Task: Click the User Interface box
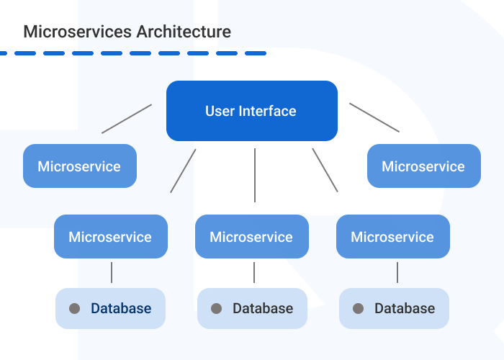point(251,111)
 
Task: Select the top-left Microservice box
point(79,166)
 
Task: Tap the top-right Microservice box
point(423,166)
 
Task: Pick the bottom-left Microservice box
point(110,237)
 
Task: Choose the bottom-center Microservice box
point(251,237)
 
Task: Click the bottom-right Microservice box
point(392,237)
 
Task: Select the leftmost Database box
point(110,309)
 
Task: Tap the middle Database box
point(252,309)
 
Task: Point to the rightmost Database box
point(394,309)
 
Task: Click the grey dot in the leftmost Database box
point(74,309)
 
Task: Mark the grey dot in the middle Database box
point(216,309)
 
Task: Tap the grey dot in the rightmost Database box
point(358,309)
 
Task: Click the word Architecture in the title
point(184,32)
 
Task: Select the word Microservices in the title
point(78,32)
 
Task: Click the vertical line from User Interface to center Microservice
point(255,175)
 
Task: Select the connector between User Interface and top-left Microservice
point(127,119)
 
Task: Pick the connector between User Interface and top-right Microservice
point(374,117)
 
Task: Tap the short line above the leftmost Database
point(112,272)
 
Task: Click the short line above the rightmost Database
point(397,272)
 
